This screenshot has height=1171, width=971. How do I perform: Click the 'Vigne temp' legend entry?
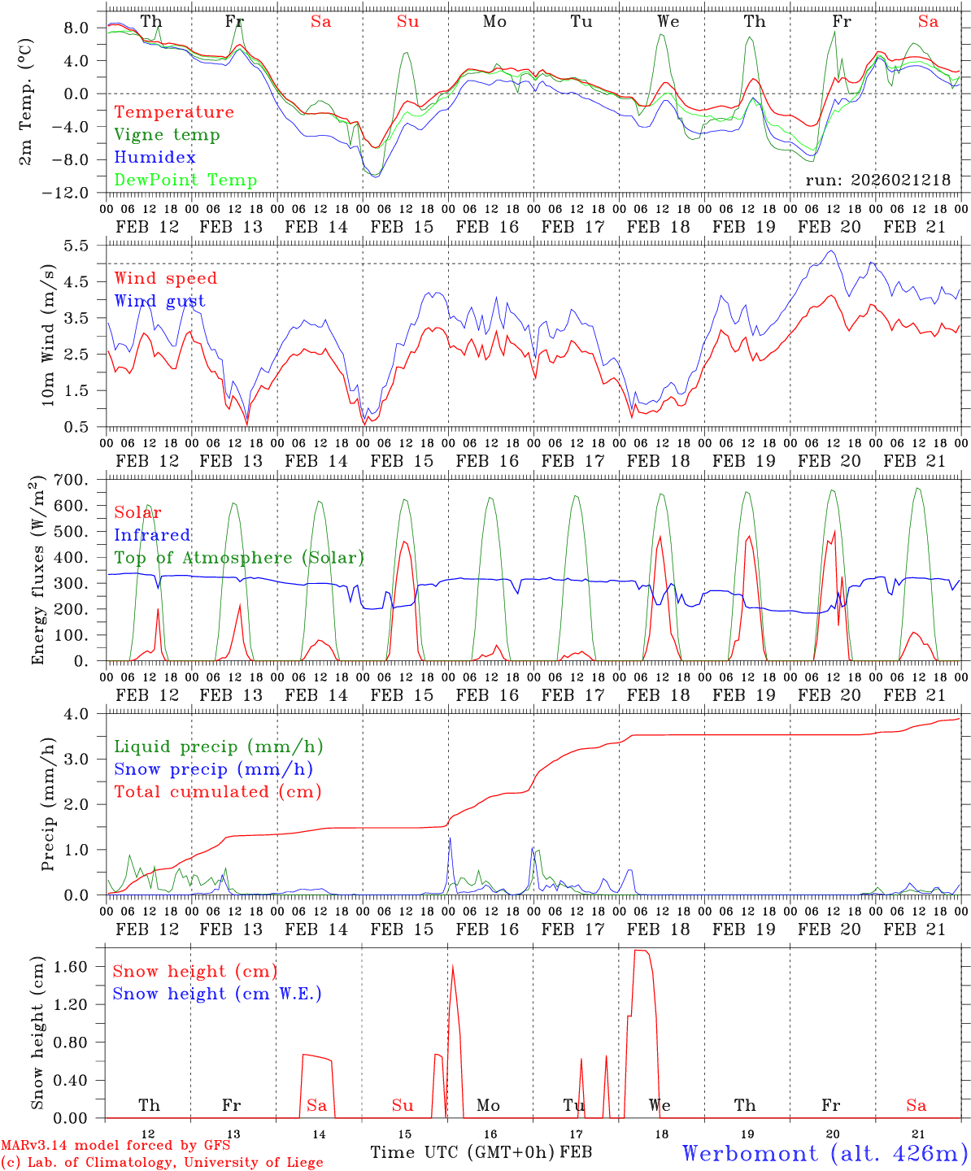pyautogui.click(x=167, y=135)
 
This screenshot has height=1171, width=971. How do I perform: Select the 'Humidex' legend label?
pyautogui.click(x=155, y=158)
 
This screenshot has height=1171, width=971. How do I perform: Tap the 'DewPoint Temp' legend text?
pyautogui.click(x=185, y=181)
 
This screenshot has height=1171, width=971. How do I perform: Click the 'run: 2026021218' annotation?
pyautogui.click(x=878, y=181)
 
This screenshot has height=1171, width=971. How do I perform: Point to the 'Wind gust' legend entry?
pyautogui.click(x=159, y=301)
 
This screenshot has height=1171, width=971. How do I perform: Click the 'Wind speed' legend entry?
pyautogui.click(x=166, y=279)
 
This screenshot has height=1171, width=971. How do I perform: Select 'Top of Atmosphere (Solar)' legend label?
pyautogui.click(x=239, y=558)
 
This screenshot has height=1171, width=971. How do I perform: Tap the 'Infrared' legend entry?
pyautogui.click(x=152, y=535)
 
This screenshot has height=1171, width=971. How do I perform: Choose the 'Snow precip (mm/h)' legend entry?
pyautogui.click(x=213, y=769)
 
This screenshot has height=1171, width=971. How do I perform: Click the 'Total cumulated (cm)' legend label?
pyautogui.click(x=217, y=791)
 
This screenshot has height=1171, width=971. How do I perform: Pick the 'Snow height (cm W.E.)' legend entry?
pyautogui.click(x=217, y=994)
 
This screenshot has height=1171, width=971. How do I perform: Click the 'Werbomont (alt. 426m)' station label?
pyautogui.click(x=825, y=1153)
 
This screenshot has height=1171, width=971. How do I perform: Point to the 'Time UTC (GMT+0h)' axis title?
pyautogui.click(x=463, y=1152)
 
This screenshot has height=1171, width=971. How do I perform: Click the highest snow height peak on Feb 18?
pyautogui.click(x=642, y=951)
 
